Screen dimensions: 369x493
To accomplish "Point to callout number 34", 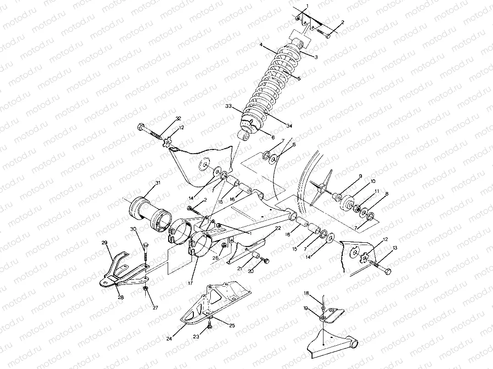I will click(289, 126).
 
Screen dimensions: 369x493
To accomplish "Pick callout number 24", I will click(169, 339).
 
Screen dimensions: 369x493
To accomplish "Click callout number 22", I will click(278, 228).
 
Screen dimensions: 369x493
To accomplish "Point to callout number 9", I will click(360, 176).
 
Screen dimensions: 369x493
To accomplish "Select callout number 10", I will click(372, 181).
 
